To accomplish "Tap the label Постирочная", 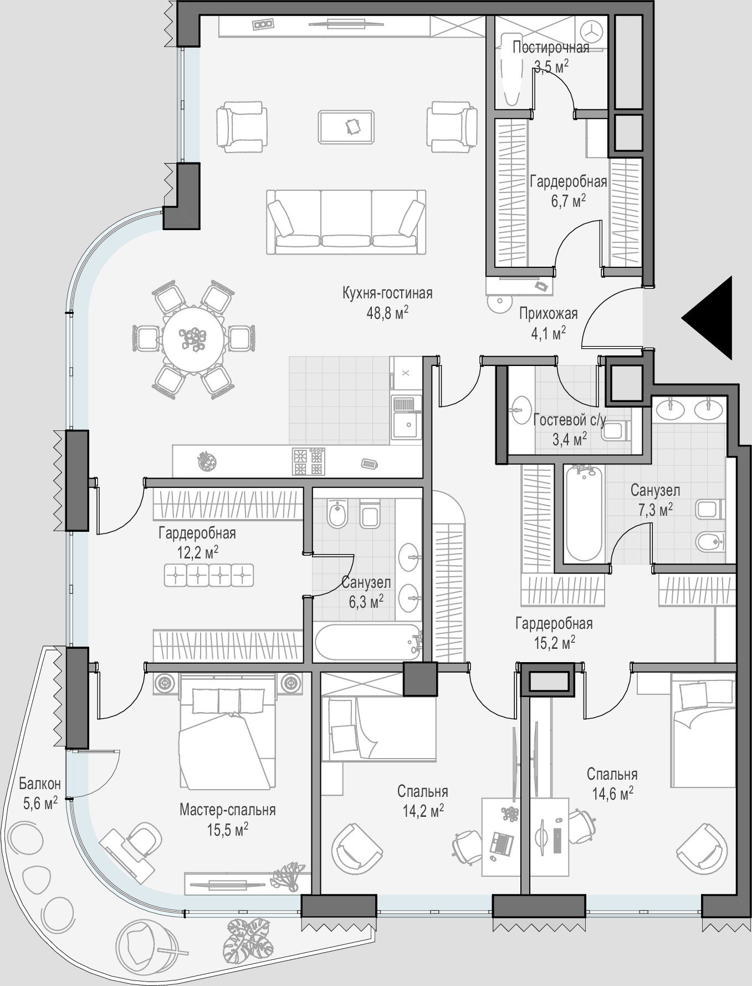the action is pos(551,47).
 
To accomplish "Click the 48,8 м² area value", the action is pos(387,313).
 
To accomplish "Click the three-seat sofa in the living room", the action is pos(346,222).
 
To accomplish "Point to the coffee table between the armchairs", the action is pos(346,127).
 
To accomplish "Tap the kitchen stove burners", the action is pos(308,462).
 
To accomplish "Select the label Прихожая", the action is pos(548,314).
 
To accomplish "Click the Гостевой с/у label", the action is pos(570,420).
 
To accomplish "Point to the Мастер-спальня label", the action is pos(227,810).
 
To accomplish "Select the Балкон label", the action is pos(39,784).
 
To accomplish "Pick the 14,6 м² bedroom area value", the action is pos(612,794).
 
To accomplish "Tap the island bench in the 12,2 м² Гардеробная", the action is pos(209,575).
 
